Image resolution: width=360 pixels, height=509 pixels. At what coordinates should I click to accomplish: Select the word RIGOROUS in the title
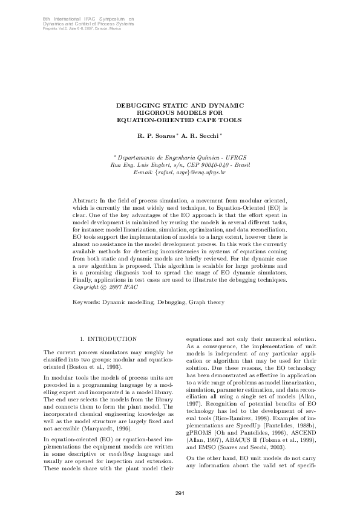[x=155, y=112]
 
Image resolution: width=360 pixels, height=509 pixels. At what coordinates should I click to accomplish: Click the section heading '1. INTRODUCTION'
[x=108, y=339]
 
